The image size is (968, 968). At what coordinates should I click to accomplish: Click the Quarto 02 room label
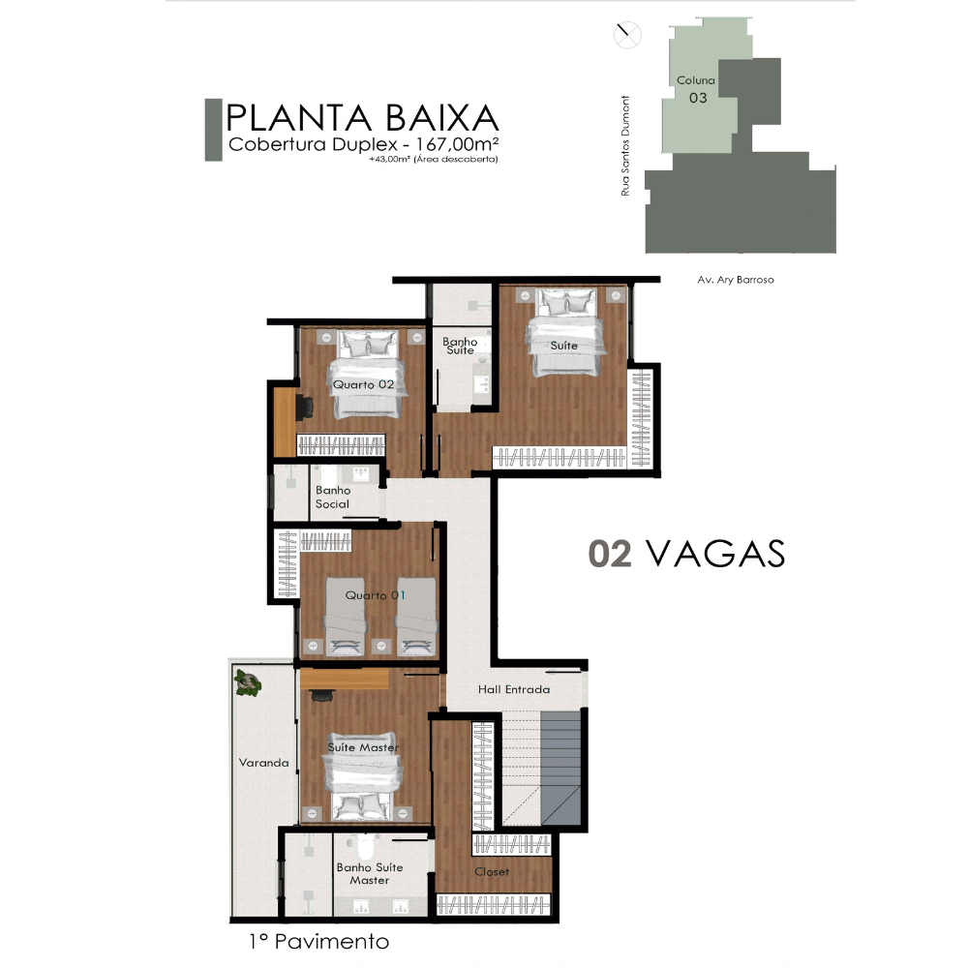pos(363,384)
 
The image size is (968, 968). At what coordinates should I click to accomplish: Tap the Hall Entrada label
pos(514,689)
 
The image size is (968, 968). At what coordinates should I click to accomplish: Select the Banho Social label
pos(333,497)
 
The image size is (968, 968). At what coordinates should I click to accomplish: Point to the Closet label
pos(492,872)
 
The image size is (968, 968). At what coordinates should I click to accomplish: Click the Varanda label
pos(263,763)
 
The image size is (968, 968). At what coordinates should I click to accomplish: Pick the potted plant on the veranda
pos(248,683)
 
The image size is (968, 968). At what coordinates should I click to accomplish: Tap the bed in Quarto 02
pos(367,374)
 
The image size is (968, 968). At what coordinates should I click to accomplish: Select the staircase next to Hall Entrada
pos(541,768)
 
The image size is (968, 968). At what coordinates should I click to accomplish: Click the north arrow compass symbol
pos(627,35)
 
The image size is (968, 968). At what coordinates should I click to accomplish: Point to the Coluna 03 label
pos(696,89)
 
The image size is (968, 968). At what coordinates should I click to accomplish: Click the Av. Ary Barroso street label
pos(736,280)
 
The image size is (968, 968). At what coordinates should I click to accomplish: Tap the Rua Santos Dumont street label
pos(625,146)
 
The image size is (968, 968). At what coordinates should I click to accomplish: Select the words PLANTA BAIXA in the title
pos(362,117)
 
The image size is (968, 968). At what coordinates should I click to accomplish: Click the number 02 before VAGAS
pos(610,553)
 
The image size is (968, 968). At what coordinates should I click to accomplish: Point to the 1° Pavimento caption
pos(318,942)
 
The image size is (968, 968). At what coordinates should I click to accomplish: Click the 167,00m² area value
pos(457,144)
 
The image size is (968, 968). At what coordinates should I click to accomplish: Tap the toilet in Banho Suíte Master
pos(360,842)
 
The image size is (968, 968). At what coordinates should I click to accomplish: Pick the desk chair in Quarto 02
pos(304,407)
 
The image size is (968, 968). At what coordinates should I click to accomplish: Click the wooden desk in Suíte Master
pos(344,679)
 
